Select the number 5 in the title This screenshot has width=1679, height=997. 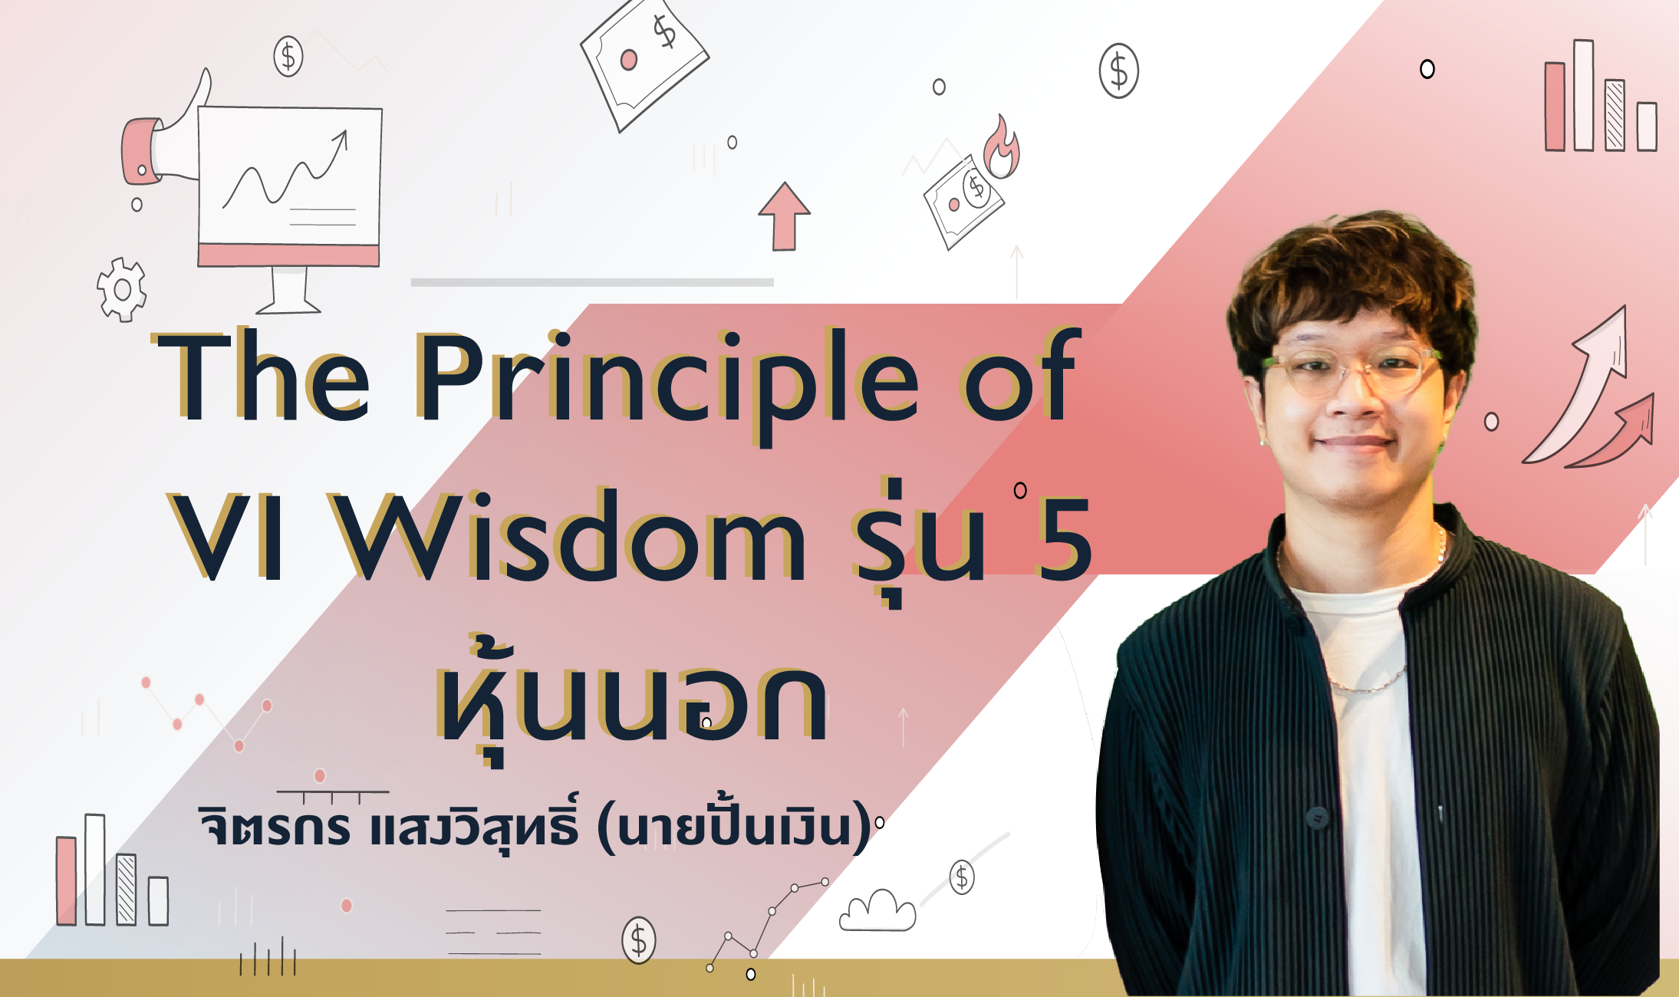click(1063, 537)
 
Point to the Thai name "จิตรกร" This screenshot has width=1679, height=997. click(274, 825)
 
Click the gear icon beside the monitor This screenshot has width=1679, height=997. click(121, 289)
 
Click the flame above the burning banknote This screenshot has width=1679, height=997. click(1002, 148)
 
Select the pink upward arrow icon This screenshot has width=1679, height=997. click(784, 216)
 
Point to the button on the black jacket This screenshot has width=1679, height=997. click(1317, 818)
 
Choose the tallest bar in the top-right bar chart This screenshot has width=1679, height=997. click(1584, 95)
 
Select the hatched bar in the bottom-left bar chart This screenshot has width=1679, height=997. click(127, 890)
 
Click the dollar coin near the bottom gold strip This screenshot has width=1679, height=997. click(639, 939)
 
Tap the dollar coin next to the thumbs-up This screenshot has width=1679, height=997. click(288, 56)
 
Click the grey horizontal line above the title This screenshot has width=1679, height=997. click(592, 282)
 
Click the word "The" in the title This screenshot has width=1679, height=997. click(262, 376)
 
